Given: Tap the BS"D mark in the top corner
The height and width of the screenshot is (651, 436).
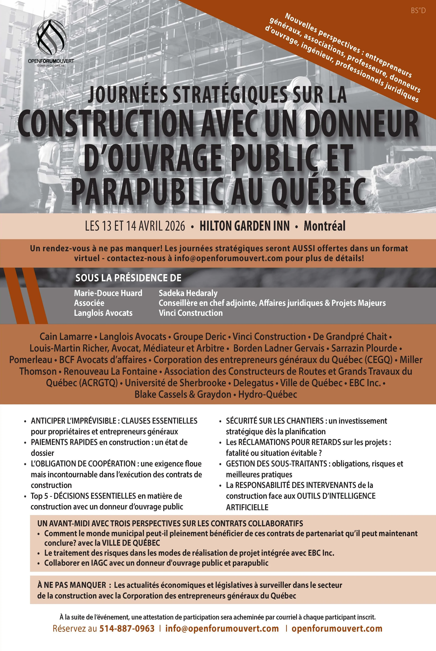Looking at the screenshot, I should (418, 11).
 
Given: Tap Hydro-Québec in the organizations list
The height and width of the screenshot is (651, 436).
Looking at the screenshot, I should (268, 394).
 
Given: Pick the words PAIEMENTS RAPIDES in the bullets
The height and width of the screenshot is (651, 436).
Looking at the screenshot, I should (64, 442).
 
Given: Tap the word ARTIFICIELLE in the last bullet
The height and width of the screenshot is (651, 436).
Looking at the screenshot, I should (247, 507).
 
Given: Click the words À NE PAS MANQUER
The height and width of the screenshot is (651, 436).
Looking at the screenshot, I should (72, 585).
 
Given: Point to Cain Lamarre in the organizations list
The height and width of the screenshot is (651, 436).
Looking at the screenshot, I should (66, 337).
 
